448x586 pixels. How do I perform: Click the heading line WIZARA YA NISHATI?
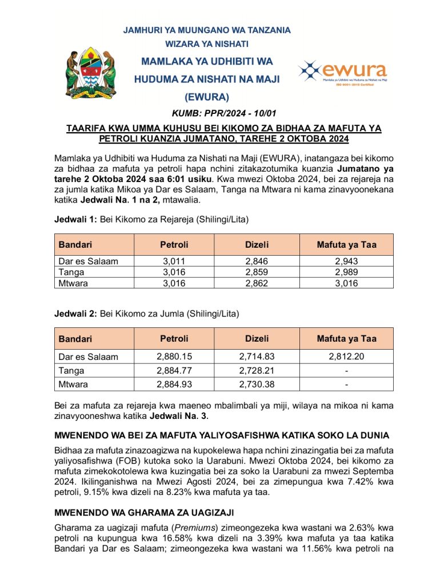(207, 43)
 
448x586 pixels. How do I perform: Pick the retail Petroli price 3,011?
(174, 262)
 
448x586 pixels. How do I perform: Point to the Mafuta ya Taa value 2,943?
(347, 262)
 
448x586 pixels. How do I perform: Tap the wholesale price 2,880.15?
(174, 357)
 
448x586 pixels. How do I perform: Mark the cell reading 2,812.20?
(347, 357)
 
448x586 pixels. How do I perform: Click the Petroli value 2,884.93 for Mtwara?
(174, 383)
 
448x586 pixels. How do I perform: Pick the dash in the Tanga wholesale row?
(347, 370)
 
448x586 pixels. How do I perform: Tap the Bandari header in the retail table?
(75, 245)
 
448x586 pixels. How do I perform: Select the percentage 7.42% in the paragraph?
(353, 481)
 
